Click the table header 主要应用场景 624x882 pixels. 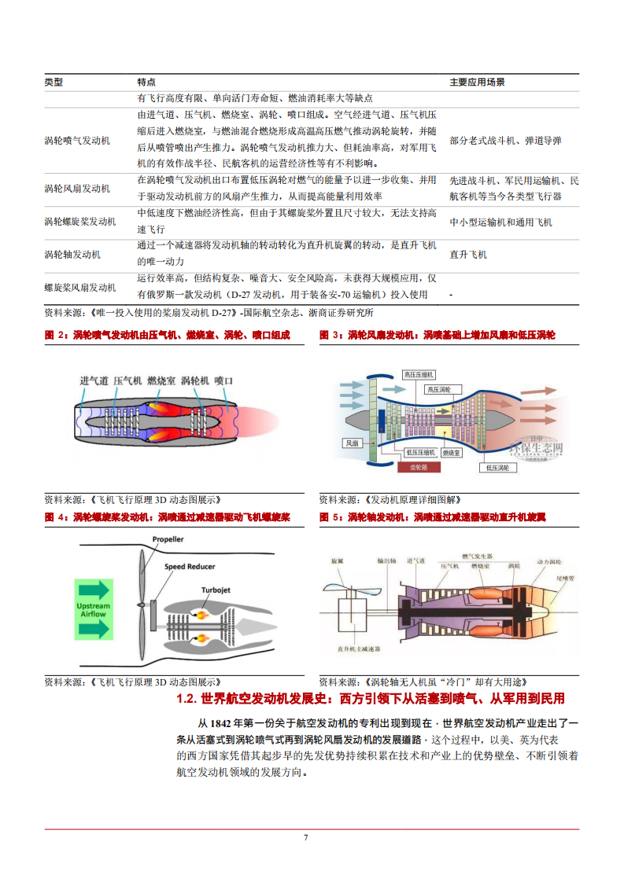pos(477,82)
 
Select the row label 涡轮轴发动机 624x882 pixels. pos(72,255)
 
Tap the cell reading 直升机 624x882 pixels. pos(468,255)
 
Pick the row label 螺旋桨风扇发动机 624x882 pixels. pos(80,288)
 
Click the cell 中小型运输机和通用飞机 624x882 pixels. pos(500,222)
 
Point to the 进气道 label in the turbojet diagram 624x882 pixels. pos(94,380)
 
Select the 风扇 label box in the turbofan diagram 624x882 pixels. pos(352,443)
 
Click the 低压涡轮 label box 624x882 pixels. pos(497,467)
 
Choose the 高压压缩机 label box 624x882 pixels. pos(419,375)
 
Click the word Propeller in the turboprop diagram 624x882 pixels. pos(168,540)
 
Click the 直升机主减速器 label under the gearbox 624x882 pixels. pos(358,649)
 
